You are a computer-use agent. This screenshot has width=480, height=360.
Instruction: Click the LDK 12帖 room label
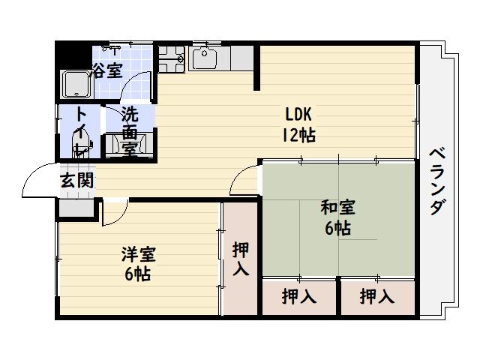tap(298, 124)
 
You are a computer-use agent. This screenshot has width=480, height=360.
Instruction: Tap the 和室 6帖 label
tap(337, 217)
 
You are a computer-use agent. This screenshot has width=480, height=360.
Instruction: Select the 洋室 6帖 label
tap(137, 263)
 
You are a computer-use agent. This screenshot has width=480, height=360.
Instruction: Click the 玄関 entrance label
tap(77, 180)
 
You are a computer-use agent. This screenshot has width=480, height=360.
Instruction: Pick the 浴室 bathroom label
tap(108, 71)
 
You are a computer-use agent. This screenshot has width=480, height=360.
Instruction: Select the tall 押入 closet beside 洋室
tap(240, 259)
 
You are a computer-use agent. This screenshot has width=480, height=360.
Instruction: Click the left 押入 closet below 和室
tap(298, 297)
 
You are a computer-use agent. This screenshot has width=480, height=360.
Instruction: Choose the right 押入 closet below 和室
tap(376, 297)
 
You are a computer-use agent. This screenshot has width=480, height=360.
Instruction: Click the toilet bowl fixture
tap(80, 142)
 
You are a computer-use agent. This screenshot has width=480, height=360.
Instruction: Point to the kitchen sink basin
tap(204, 58)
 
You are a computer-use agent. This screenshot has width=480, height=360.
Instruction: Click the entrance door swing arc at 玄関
tap(37, 181)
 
